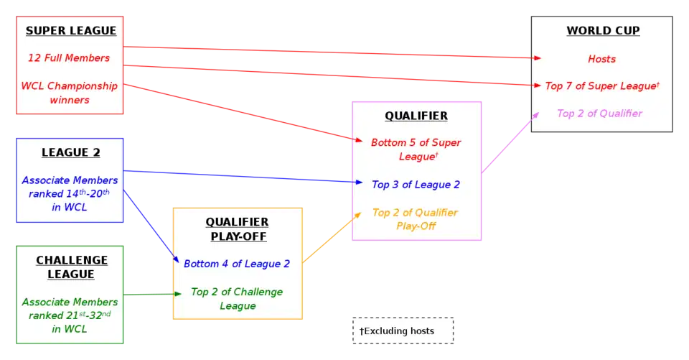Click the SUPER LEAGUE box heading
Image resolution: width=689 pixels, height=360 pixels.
[70, 31]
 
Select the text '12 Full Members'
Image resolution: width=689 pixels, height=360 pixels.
[69, 57]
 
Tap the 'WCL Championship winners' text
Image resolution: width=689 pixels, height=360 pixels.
[69, 93]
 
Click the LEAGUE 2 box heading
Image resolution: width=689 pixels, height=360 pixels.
[70, 152]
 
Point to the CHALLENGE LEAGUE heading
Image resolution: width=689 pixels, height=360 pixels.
[71, 267]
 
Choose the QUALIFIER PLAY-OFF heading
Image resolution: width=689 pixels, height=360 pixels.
[237, 229]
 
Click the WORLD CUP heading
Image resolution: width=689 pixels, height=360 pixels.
[602, 31]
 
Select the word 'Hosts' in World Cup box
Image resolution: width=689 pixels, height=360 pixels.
[601, 59]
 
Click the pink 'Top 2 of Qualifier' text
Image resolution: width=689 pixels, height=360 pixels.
[599, 114]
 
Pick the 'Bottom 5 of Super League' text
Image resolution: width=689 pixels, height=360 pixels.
[416, 149]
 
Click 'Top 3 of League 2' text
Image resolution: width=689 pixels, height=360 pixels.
[416, 185]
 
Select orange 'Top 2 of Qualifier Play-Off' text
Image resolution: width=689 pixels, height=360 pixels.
[415, 219]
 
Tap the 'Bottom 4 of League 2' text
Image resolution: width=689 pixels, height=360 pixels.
[237, 264]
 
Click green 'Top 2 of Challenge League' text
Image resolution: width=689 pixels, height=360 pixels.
[237, 299]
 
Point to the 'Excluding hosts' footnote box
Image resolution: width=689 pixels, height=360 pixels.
[404, 331]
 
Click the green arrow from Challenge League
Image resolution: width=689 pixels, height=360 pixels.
[151, 295]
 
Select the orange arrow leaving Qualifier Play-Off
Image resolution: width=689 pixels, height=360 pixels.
[330, 238]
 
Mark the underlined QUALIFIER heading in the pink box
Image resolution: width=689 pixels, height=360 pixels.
[416, 116]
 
